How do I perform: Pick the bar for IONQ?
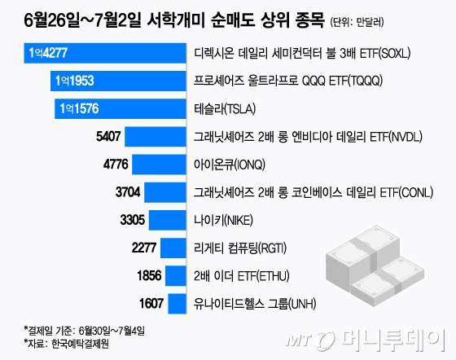[x=160, y=165]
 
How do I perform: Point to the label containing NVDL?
[x=300, y=137]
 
